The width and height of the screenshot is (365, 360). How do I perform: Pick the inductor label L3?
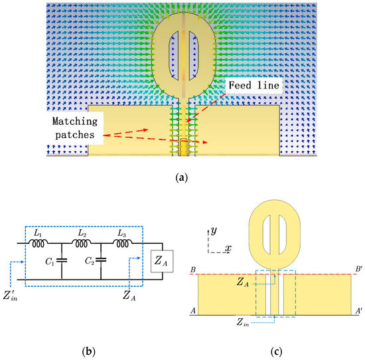click(x=125, y=234)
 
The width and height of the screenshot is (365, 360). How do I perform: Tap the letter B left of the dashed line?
click(x=193, y=270)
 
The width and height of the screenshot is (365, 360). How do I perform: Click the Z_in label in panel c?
click(x=244, y=322)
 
